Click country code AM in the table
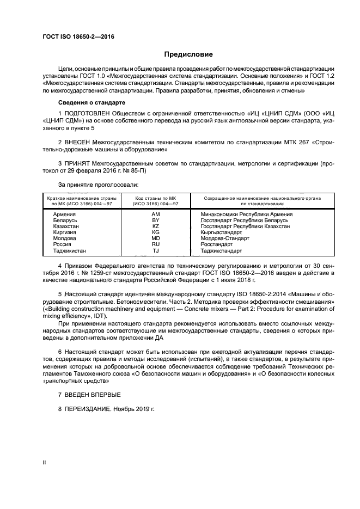[x=155, y=214]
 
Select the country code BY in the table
[x=155, y=220]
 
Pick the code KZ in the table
[x=155, y=226]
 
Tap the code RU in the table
[x=155, y=245]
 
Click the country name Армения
[x=64, y=214]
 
